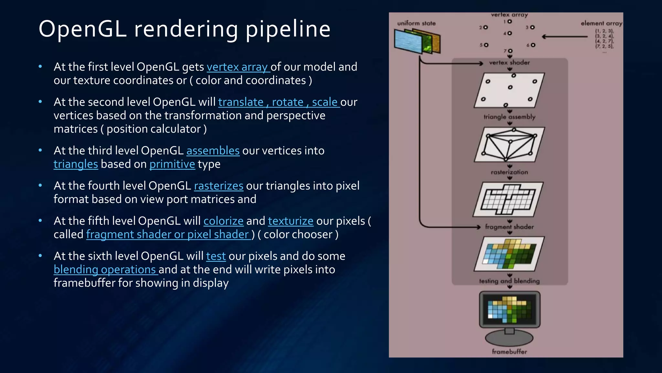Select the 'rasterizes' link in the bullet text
click(219, 186)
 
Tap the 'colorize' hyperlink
click(223, 221)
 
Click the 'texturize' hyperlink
click(291, 221)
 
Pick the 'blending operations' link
click(105, 269)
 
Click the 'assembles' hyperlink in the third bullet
click(213, 151)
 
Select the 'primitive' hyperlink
click(172, 164)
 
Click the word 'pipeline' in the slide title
click(288, 29)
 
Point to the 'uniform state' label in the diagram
click(416, 23)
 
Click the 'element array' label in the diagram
click(601, 23)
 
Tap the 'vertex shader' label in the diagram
click(509, 62)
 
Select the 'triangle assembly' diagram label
click(509, 117)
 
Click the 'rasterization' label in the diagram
click(509, 172)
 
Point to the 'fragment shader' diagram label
click(509, 227)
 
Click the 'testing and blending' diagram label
click(509, 281)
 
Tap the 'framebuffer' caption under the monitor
click(509, 352)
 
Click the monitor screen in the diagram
click(509, 310)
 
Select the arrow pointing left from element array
click(564, 37)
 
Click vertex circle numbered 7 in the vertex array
click(510, 51)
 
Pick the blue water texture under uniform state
click(408, 41)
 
